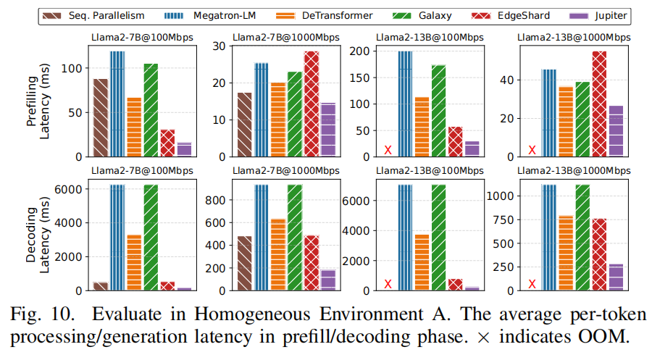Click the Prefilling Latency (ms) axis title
coord(39,102)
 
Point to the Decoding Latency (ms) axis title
coord(39,235)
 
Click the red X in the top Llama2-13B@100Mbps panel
coord(388,150)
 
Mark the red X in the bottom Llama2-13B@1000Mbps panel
coord(532,284)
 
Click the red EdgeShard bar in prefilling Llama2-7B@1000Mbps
coord(312,104)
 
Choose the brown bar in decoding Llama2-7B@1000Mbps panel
coord(245,263)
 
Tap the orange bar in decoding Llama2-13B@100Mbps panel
coord(422,261)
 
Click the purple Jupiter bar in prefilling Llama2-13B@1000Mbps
coord(616,130)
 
